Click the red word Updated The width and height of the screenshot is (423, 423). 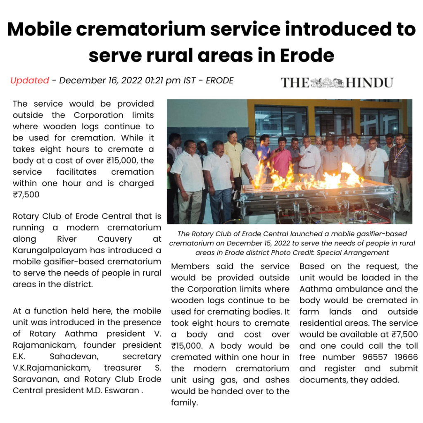[30, 81]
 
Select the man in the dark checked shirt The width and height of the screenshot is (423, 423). [400, 161]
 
